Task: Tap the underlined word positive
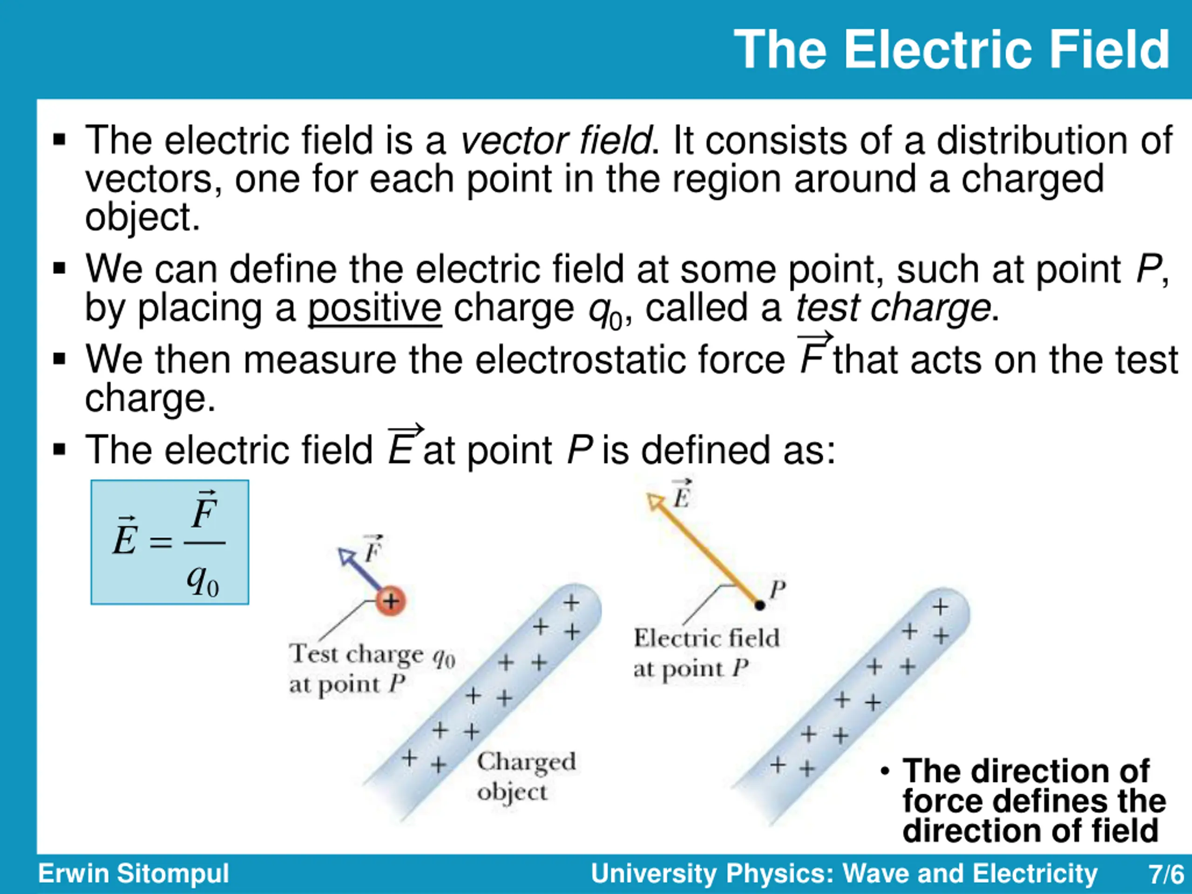[374, 308]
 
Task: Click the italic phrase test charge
[893, 308]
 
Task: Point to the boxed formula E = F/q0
[170, 542]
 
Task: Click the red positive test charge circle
[391, 600]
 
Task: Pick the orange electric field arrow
[703, 549]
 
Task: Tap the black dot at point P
[760, 605]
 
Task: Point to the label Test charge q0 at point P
[372, 669]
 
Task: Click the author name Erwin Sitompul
[134, 873]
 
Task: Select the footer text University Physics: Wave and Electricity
[844, 873]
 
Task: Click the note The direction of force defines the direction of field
[1026, 800]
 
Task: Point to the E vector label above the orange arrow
[682, 494]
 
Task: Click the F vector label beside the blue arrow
[373, 549]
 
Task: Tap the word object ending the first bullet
[143, 217]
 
